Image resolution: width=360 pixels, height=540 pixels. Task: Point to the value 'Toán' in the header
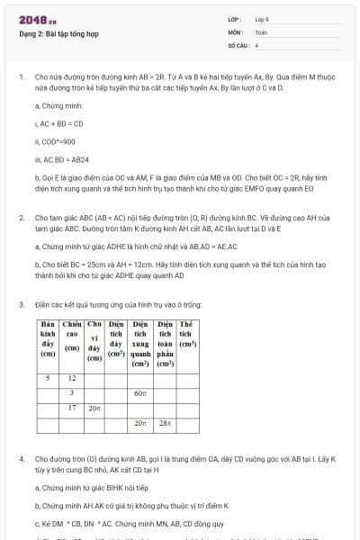point(261,31)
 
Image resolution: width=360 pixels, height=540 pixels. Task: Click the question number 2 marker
point(21,218)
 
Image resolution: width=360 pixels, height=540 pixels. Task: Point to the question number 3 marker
point(21,304)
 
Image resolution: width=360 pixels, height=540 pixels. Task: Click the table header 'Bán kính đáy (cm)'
point(48,339)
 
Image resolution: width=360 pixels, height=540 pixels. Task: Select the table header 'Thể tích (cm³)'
point(187,335)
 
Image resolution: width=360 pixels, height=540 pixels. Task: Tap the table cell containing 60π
point(139,393)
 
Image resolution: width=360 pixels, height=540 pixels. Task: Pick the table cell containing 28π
point(165,422)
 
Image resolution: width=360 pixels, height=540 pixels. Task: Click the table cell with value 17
point(71,408)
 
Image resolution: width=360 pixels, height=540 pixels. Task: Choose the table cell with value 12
point(71,379)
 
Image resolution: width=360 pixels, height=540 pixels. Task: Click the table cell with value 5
point(48,379)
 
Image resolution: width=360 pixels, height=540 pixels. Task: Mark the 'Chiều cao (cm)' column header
point(71,335)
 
